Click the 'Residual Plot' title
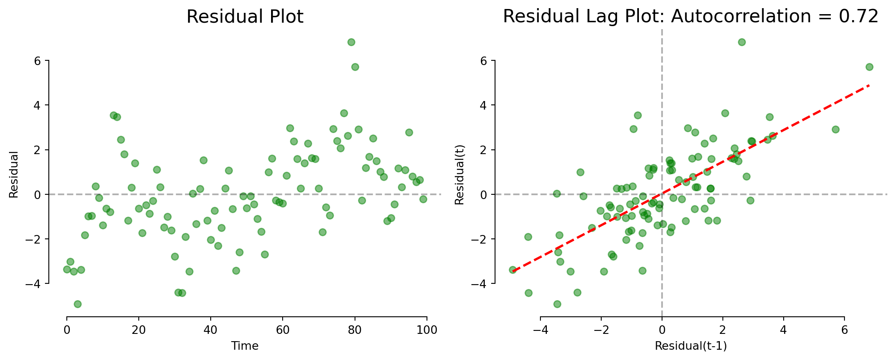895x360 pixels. [x=245, y=17]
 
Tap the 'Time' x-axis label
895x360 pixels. [x=245, y=346]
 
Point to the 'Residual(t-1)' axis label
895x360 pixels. [x=691, y=346]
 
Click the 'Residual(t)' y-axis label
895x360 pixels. [x=459, y=174]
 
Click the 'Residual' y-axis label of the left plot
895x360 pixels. [x=14, y=174]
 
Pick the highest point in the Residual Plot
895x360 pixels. [x=351, y=42]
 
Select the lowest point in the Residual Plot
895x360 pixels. [x=78, y=304]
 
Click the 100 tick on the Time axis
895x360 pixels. [x=427, y=330]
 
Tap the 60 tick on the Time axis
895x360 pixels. [x=283, y=330]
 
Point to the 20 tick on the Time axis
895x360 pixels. [x=139, y=330]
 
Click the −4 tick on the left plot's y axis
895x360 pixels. [x=35, y=283]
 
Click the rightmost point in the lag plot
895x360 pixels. [x=869, y=67]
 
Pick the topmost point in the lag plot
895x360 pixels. [x=742, y=42]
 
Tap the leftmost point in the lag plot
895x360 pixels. [x=513, y=270]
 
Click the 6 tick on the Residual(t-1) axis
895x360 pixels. [x=844, y=330]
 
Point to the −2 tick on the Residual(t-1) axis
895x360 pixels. [x=601, y=330]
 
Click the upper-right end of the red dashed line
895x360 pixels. [x=869, y=85]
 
